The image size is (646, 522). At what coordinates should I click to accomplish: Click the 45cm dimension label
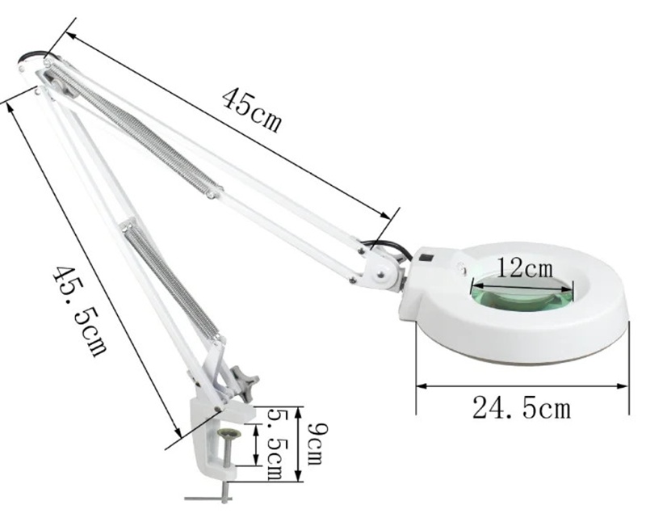252,110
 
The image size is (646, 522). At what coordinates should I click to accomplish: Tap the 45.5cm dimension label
79,310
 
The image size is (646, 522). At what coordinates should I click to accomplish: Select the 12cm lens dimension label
524,268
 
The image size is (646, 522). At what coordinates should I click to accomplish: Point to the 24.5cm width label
522,408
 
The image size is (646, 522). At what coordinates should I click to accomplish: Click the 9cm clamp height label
316,444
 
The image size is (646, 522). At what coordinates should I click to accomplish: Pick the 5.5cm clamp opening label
275,444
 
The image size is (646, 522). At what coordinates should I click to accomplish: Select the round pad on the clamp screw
230,434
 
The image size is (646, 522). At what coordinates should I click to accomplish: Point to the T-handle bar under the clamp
209,499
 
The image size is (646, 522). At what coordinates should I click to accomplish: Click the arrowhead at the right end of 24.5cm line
622,386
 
